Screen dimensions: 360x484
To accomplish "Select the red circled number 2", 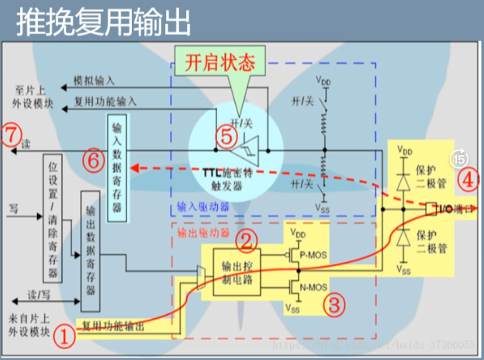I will pyautogui.click(x=247, y=242).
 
